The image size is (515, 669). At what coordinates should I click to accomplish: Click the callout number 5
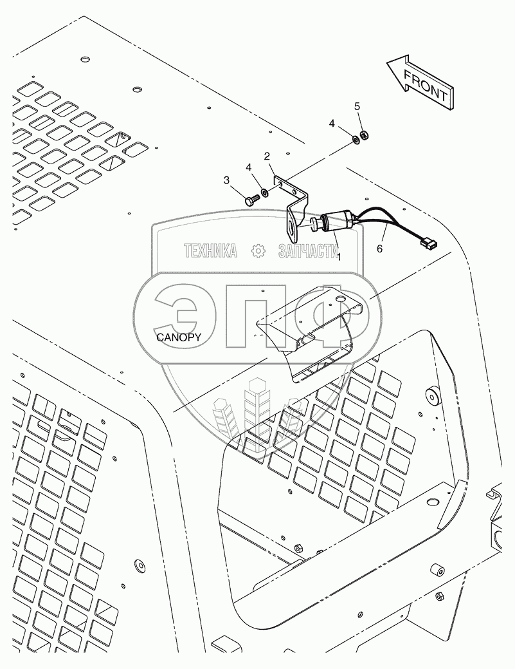[358, 107]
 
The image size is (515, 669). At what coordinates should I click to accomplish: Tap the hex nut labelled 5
[363, 135]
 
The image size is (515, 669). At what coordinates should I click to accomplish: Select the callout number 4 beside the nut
[332, 123]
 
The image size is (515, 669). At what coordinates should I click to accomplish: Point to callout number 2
[266, 156]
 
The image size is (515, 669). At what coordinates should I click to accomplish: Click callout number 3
[227, 181]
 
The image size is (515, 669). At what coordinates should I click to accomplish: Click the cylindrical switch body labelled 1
[334, 221]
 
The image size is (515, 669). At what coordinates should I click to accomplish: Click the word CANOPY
[178, 337]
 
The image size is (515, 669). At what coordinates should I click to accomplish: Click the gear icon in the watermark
[258, 251]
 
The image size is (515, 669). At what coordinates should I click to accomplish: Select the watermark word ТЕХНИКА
[210, 251]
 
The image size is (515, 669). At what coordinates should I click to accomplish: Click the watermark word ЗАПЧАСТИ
[308, 251]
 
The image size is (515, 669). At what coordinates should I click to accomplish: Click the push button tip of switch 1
[315, 225]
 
